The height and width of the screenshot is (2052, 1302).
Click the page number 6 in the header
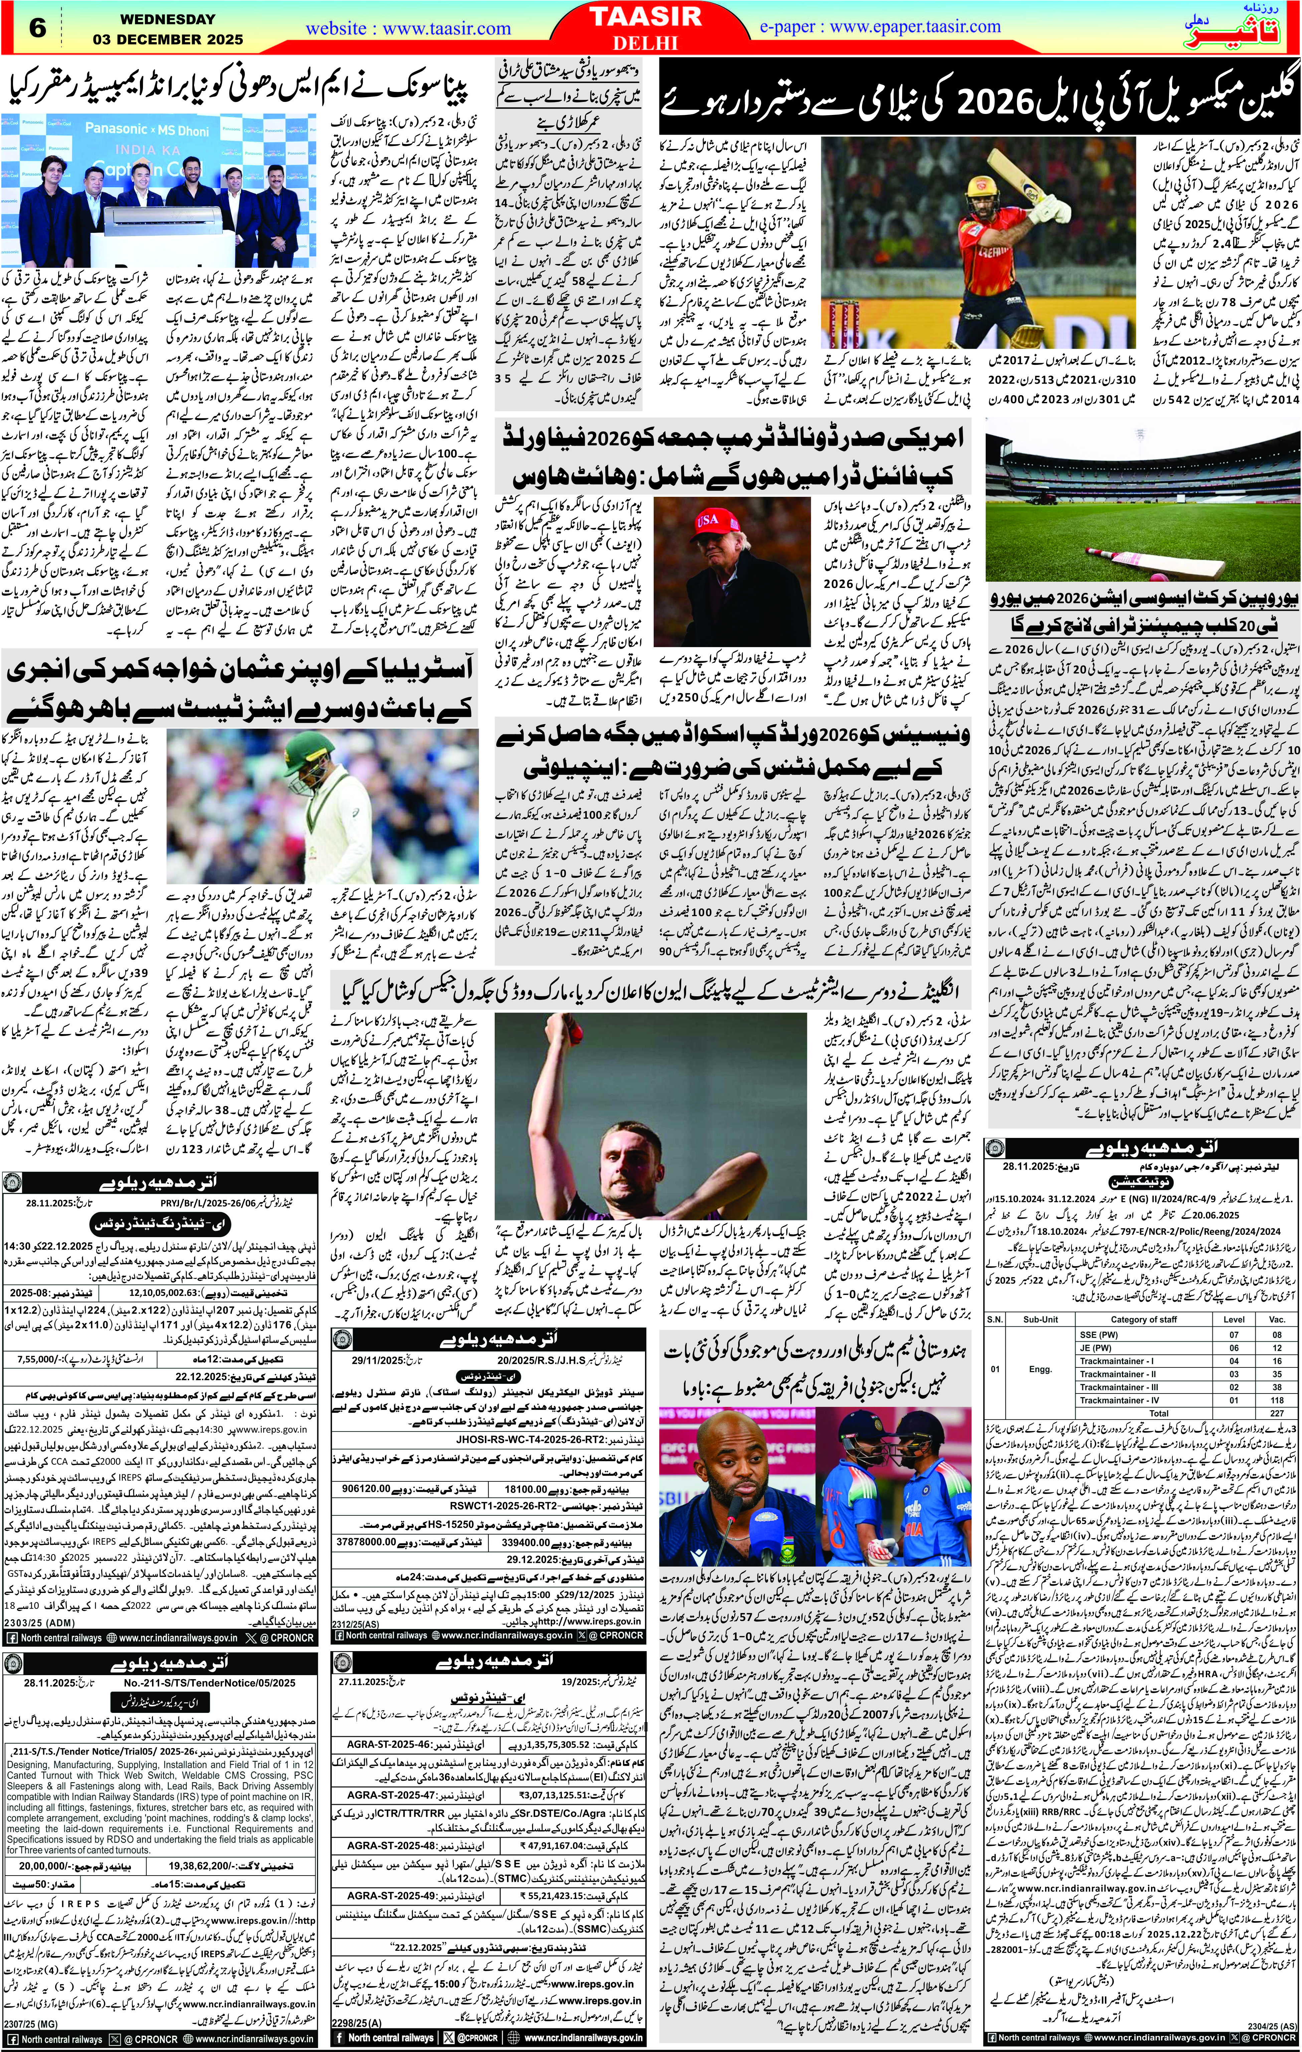(38, 28)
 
